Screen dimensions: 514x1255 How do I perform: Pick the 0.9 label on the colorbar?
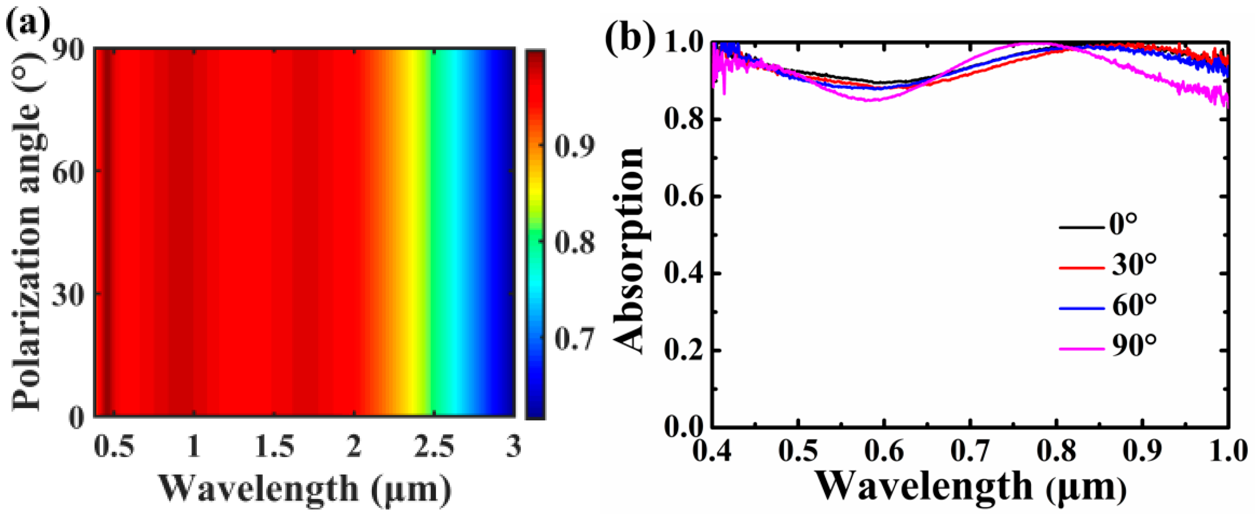click(574, 146)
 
